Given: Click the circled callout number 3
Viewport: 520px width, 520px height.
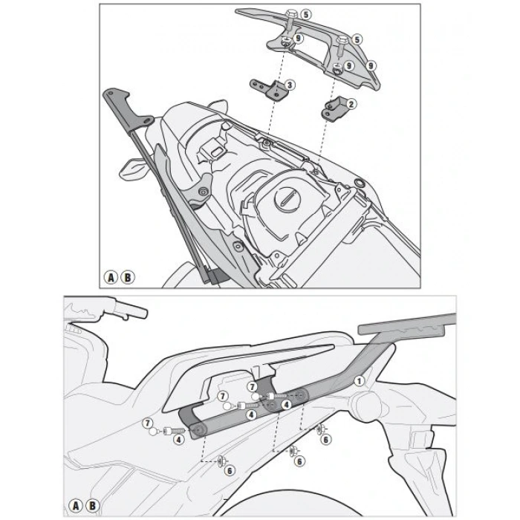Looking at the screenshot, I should pos(290,85).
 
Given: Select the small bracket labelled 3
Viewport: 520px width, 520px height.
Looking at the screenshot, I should pos(270,91).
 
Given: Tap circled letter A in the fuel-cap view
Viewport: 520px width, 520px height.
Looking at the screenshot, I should pos(111,277).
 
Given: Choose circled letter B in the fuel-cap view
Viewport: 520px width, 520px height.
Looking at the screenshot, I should pos(128,277).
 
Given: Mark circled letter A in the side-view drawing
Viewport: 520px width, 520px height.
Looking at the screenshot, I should pos(76,507).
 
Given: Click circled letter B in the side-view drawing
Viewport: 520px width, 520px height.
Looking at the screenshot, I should pos(92,507).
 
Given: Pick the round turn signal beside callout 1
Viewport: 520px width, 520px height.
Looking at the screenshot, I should pos(366,406).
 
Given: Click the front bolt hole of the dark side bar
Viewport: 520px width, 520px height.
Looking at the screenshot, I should pos(198,429).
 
